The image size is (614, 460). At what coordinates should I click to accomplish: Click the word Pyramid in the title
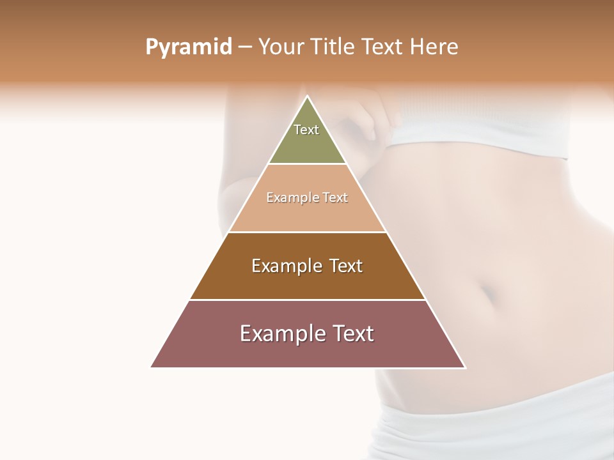(188, 47)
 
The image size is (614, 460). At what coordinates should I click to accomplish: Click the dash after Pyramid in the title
(245, 48)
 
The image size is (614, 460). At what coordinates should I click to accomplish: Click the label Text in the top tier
(306, 130)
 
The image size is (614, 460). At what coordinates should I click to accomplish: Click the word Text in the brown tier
(346, 266)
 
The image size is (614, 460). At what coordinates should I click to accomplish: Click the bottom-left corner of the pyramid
(152, 367)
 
